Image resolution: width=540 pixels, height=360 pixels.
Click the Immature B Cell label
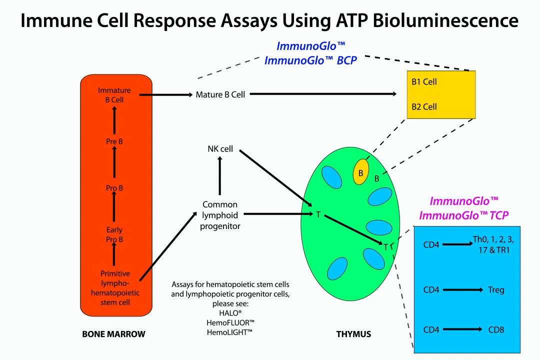(114, 95)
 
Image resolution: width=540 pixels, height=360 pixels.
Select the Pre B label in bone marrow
(114, 141)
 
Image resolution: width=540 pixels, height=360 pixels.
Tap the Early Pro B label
(114, 234)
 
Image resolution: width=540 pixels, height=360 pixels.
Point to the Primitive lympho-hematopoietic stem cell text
(115, 288)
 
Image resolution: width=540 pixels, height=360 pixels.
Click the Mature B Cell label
(220, 94)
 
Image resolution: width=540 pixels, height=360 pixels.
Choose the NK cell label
(220, 149)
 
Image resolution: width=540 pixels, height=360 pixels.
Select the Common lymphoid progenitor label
(220, 215)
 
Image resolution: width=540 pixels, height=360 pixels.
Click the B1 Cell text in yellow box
(424, 81)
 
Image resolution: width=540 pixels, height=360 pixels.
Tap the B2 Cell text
(424, 106)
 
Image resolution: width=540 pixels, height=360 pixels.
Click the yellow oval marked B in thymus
(360, 171)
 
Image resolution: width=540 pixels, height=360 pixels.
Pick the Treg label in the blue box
(496, 289)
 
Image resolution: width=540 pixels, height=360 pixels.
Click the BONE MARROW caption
(113, 334)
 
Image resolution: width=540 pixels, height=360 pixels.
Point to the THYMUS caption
(354, 334)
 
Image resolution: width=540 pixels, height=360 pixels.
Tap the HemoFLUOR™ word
(230, 322)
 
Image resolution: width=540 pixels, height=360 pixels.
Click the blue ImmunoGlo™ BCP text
(311, 61)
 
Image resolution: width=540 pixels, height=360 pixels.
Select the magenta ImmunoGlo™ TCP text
(464, 216)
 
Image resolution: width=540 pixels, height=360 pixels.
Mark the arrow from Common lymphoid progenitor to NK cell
(220, 175)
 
